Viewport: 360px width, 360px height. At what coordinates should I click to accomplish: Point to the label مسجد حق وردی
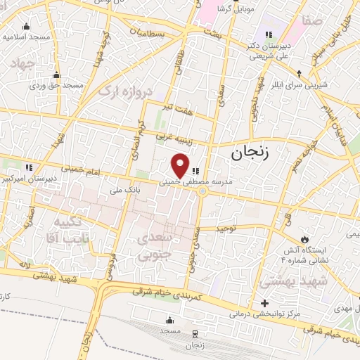(56, 85)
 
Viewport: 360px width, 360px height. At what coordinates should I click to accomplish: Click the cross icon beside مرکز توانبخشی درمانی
(264, 304)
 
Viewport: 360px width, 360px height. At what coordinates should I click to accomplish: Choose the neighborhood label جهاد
(22, 64)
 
